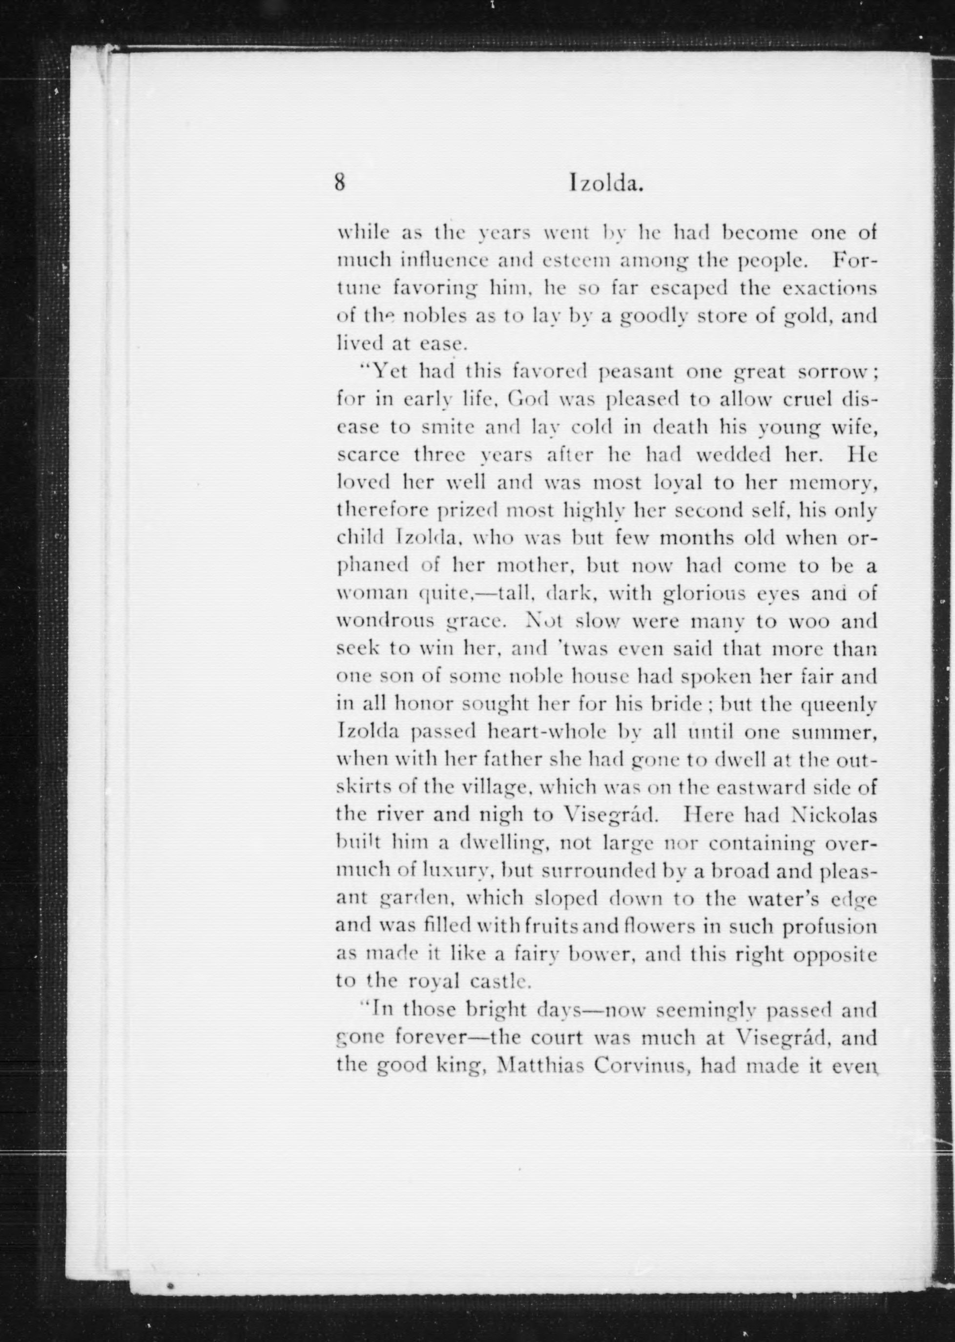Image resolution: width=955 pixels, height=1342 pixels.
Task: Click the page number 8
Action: tap(340, 182)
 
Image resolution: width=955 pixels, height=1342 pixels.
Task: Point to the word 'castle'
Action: tap(500, 982)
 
